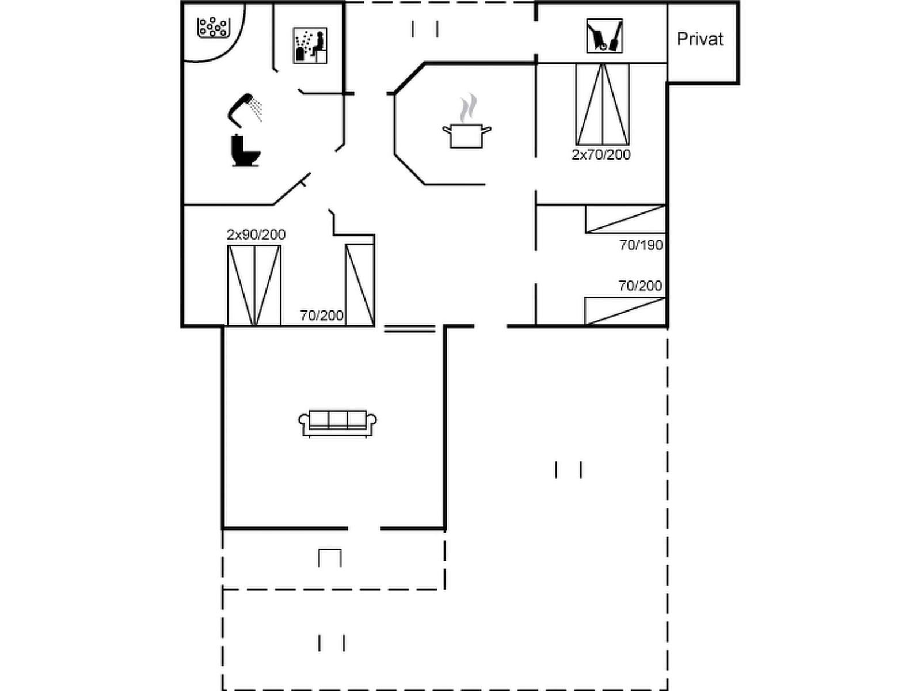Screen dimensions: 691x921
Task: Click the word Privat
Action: (x=699, y=39)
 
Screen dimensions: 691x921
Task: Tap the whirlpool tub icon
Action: (x=214, y=27)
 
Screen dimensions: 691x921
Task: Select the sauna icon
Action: (x=310, y=45)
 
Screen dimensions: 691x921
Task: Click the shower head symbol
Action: (x=244, y=108)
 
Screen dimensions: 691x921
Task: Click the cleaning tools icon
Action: (x=604, y=36)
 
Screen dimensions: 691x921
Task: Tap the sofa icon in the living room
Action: (x=337, y=423)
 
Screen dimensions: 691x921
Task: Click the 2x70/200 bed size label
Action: (x=601, y=154)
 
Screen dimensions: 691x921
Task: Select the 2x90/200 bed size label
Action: (x=256, y=234)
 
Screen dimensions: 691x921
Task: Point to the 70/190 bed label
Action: (x=641, y=245)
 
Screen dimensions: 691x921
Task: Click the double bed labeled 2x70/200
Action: (x=602, y=104)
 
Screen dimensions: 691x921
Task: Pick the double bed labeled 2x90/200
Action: (x=254, y=286)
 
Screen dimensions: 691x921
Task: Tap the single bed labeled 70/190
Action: (x=625, y=219)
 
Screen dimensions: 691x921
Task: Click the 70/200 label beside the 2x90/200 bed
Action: (x=321, y=315)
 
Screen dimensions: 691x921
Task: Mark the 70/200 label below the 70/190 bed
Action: (x=640, y=286)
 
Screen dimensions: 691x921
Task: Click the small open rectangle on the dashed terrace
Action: (x=330, y=557)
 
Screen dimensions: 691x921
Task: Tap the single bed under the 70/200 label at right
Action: (x=625, y=311)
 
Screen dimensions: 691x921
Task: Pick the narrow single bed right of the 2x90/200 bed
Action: (x=360, y=285)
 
